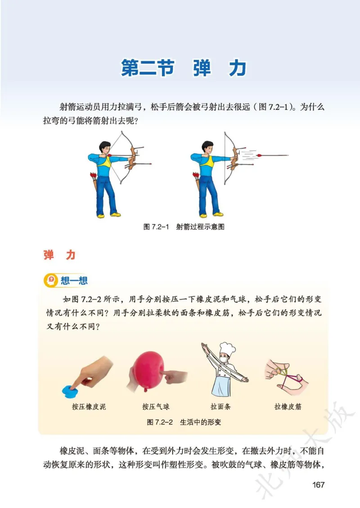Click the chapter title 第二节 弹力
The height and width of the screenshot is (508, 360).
(x=184, y=68)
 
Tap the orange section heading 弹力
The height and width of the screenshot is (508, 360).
(x=59, y=255)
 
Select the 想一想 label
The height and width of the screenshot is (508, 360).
(x=74, y=281)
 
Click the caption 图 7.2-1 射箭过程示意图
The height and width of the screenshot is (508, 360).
(x=184, y=227)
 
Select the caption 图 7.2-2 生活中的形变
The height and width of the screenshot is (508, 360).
(x=184, y=422)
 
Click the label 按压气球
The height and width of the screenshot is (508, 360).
(x=156, y=406)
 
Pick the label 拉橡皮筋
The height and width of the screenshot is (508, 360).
(x=288, y=406)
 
